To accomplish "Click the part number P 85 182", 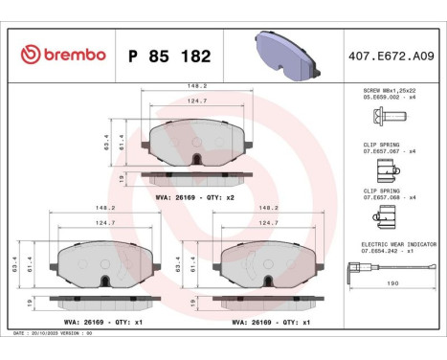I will (x=169, y=56).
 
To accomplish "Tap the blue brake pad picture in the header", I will (x=284, y=54).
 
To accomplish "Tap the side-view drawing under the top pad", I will (x=197, y=178).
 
